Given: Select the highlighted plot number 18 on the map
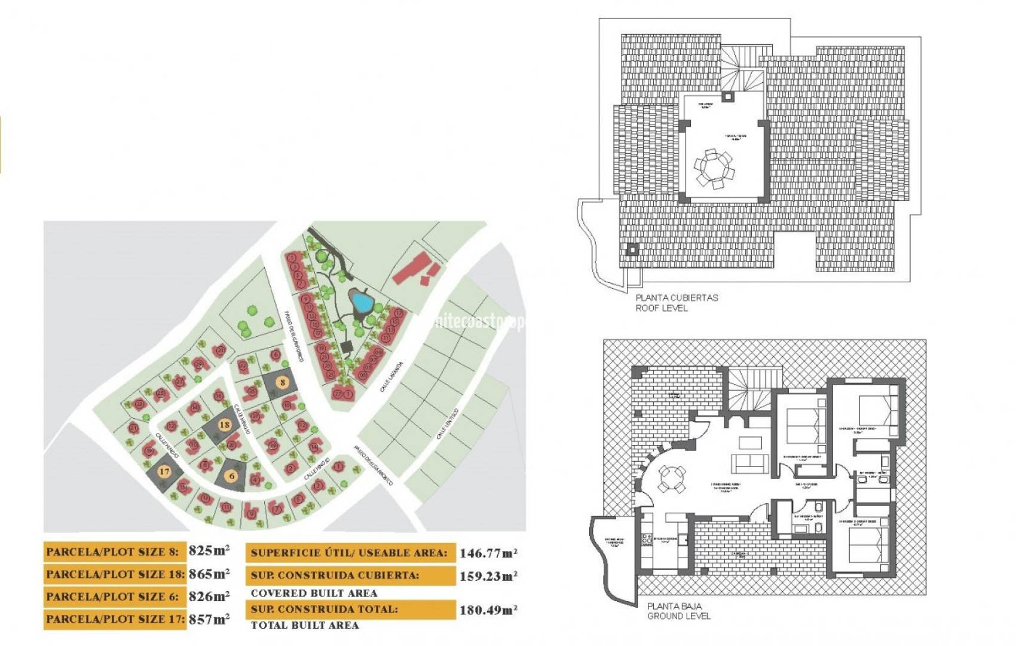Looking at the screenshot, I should [224, 425].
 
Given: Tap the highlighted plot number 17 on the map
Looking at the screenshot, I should [164, 471].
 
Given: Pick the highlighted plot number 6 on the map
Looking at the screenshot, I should [232, 477].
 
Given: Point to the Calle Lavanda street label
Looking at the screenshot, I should [391, 377].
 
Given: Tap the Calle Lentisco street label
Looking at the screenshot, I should [447, 424].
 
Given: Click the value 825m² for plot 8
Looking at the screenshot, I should [209, 550].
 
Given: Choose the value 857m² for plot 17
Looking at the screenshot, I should [209, 619].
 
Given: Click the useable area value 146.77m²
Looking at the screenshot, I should [488, 553].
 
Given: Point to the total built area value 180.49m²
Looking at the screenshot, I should [488, 610].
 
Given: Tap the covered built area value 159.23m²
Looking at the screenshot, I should [488, 576].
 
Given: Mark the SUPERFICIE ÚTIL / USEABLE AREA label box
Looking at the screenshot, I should [350, 553].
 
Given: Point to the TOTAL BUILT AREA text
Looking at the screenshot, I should [305, 625].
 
